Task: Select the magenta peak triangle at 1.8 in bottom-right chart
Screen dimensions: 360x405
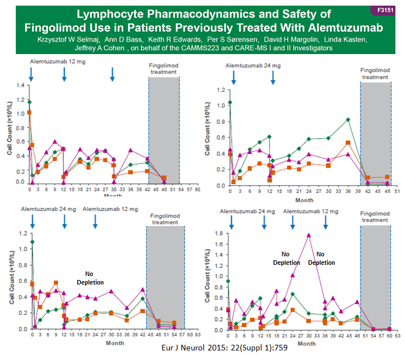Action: [x=308, y=235]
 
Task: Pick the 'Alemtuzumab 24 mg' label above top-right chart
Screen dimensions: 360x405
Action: [x=253, y=65]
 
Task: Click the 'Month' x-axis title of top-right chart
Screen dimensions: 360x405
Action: [x=305, y=200]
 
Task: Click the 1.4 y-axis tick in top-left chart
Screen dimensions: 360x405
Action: [x=21, y=85]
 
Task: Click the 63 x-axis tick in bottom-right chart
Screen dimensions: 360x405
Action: [x=398, y=336]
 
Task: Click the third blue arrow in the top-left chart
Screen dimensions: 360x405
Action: [x=113, y=74]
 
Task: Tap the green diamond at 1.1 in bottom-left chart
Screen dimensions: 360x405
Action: [x=32, y=242]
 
